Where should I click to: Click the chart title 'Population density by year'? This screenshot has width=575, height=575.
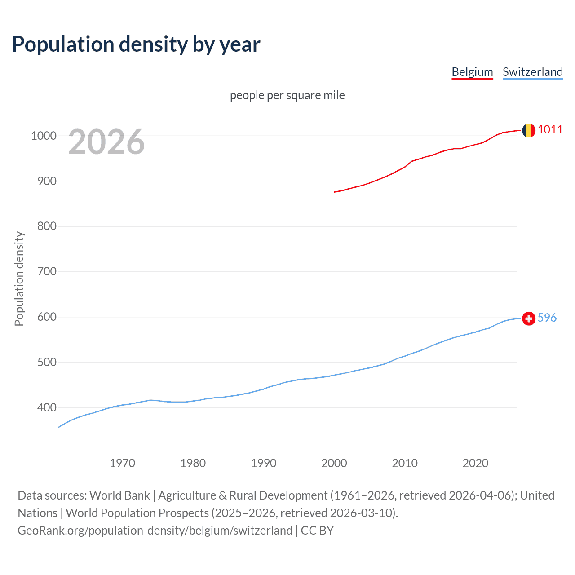[136, 44]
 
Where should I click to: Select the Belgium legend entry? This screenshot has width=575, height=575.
[472, 72]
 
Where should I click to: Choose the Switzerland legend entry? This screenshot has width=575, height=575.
[532, 72]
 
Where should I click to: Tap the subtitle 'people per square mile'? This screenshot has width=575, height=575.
[287, 95]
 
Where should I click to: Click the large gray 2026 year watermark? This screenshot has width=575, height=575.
[106, 142]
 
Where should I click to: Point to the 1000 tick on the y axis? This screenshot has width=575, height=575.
[44, 136]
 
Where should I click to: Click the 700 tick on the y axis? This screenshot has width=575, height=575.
[47, 271]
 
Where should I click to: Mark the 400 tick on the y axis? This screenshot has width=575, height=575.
[47, 407]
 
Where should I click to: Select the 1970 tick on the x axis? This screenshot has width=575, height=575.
[122, 463]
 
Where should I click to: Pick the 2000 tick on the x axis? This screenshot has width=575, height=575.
[334, 463]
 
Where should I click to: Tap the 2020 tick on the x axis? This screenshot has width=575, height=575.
[475, 463]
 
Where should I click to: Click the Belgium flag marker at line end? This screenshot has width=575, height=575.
[529, 130]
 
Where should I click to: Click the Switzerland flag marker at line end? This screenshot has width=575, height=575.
[529, 318]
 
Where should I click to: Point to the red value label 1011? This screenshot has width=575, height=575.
[550, 130]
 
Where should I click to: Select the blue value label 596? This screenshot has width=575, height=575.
[547, 318]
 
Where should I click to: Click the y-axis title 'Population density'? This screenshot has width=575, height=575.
[19, 279]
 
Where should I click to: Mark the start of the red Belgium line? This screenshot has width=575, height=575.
[335, 192]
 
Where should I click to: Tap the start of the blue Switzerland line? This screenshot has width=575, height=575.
[59, 427]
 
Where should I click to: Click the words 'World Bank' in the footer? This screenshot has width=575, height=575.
[119, 495]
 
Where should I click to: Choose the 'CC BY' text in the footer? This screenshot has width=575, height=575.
[317, 531]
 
